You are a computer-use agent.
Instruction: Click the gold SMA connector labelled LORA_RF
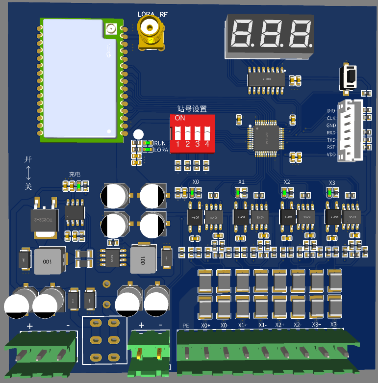pos(151,35)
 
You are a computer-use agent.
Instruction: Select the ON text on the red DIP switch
pos(180,118)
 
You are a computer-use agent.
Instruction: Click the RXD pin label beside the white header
pos(331,132)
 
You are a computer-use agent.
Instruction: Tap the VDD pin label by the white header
pos(331,154)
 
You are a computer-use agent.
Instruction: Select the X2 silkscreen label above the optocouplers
pos(287,182)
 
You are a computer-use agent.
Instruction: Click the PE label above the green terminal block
pos(186,325)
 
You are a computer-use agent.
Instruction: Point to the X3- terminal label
pos(334,325)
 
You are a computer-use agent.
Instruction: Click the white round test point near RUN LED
pos(139,134)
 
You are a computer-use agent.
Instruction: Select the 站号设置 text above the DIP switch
pos(192,109)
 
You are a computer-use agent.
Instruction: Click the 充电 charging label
pos(75,174)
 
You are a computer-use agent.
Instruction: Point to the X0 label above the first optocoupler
pos(196,182)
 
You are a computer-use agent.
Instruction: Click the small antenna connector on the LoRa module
pos(109,29)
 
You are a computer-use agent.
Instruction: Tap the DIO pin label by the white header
pos(331,111)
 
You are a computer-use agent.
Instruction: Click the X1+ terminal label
pos(244,325)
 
